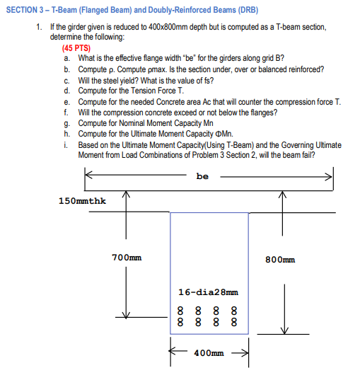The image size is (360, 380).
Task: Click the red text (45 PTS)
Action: coord(76,48)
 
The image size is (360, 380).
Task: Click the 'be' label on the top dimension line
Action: coord(202,176)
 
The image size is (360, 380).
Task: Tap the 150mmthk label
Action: coord(82,201)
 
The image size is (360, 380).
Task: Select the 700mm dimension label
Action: coord(127,258)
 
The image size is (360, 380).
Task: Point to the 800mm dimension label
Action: coord(280,260)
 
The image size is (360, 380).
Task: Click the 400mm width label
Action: coord(209,353)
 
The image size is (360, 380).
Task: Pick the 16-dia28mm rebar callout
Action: coord(208,292)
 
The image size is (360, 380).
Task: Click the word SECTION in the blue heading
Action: coord(22,10)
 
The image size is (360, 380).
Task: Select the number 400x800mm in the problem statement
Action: coord(168,27)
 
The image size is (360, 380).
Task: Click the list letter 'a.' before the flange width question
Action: coord(67,58)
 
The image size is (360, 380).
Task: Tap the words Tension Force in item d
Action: coord(152,91)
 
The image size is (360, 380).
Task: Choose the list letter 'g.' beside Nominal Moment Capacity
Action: coord(67,124)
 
